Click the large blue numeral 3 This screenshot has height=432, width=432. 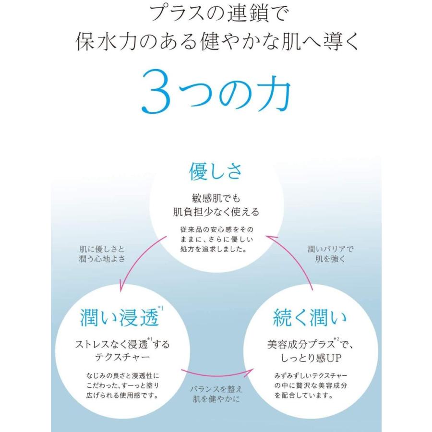coord(156,92)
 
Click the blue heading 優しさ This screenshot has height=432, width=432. coord(216,171)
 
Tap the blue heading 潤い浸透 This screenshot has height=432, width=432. coord(120,317)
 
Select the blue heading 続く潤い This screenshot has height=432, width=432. coord(310,317)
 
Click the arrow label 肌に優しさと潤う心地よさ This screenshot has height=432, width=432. coord(102,254)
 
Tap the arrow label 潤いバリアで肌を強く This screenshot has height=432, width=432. coord(330,254)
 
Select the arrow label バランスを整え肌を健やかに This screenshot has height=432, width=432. coord(216,394)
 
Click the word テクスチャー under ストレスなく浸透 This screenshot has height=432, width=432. coord(122,357)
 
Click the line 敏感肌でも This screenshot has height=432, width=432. coord(216,198)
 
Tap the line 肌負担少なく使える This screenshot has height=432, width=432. coord(216,212)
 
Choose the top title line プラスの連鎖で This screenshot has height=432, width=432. coord(219,14)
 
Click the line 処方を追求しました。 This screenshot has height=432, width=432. coord(214,249)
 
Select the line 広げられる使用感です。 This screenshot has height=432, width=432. coord(122,396)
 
